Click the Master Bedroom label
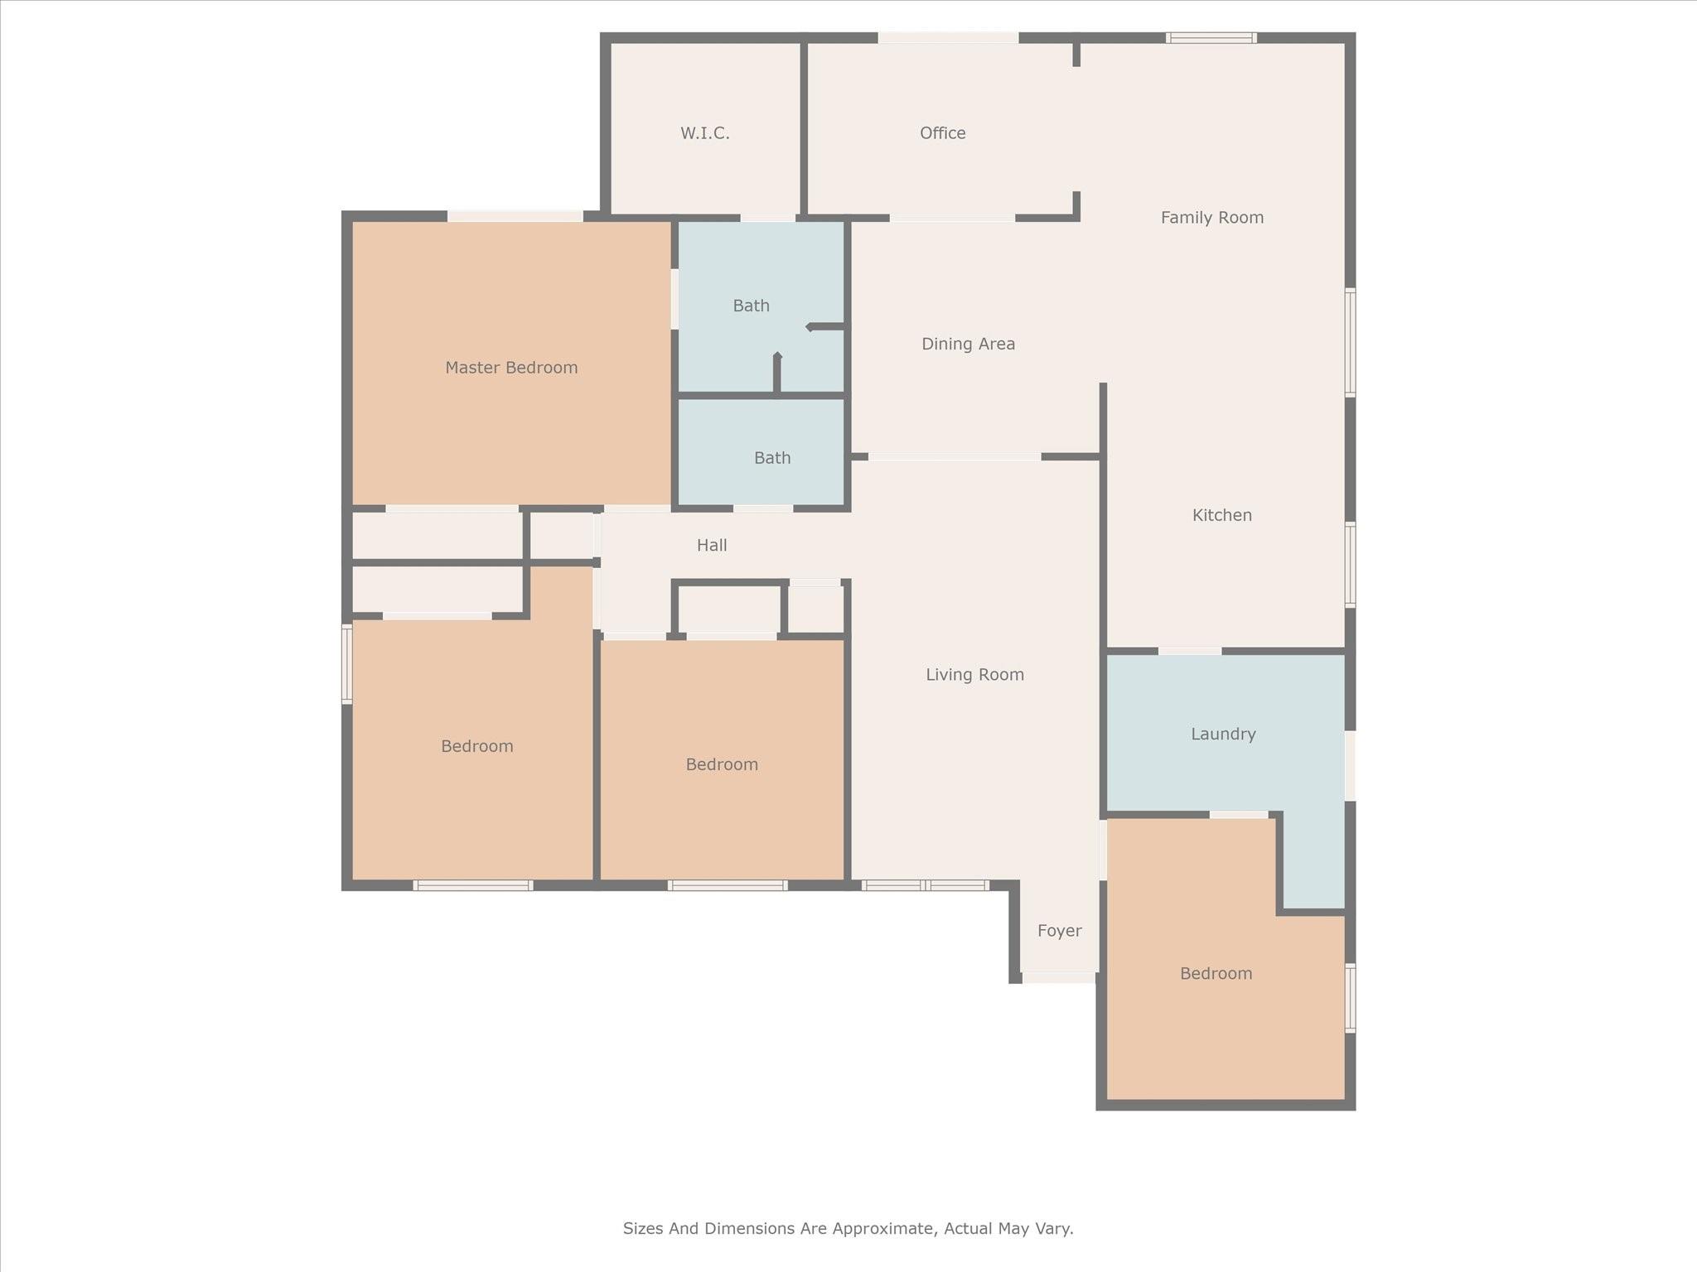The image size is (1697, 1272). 511,368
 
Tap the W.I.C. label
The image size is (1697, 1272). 705,133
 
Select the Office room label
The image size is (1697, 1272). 943,133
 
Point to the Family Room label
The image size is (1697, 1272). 1212,218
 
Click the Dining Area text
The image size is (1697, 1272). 969,344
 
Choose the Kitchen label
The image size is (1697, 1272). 1222,515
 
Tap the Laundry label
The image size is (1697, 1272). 1223,735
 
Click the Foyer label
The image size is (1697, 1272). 1060,931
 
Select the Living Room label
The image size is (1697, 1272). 975,675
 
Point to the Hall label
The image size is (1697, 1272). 712,545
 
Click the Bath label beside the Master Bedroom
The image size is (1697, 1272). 752,306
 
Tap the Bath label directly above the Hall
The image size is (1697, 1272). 772,458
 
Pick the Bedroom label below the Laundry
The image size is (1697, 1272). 1216,973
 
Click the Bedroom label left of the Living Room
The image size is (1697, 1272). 722,764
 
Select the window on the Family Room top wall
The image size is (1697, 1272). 1211,37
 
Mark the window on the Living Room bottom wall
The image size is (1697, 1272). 926,885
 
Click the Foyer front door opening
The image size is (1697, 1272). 1060,977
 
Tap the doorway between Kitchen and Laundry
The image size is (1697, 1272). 1190,651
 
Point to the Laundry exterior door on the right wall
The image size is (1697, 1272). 1350,765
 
